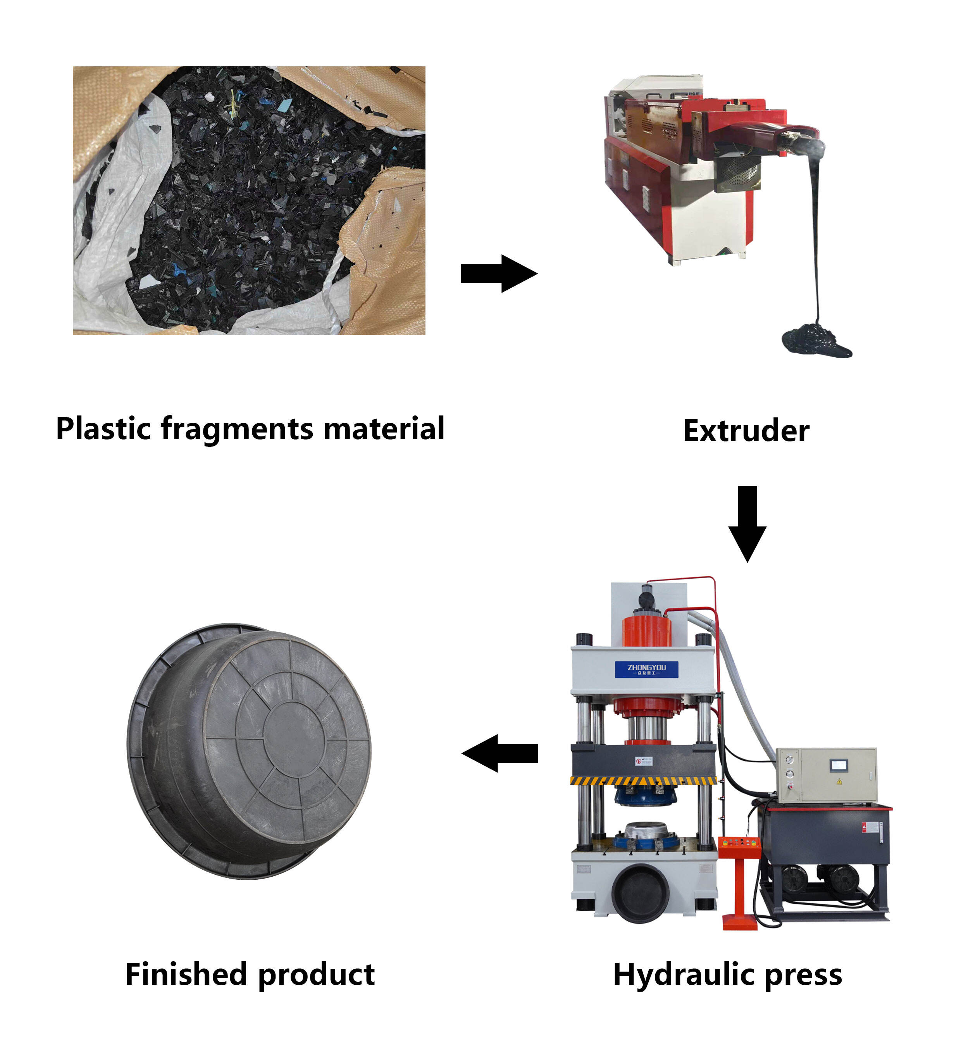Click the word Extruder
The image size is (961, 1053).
point(746,431)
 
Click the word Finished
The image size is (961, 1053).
point(185,975)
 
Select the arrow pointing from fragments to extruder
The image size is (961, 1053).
point(498,273)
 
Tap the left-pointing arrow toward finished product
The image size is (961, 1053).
point(500,753)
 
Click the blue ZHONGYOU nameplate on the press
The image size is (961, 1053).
point(646,669)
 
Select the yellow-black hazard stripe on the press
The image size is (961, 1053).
point(644,780)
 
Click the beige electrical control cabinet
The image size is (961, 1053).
point(826,775)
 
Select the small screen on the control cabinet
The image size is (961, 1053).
point(839,765)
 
